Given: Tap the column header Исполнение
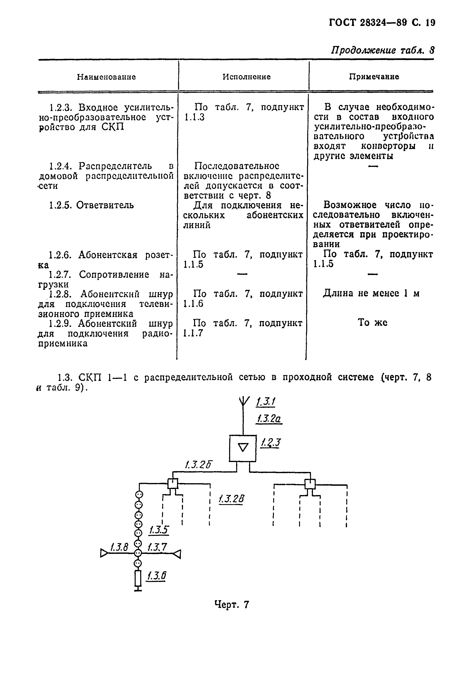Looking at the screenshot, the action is [246, 77].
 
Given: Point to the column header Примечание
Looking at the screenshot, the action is [374, 77].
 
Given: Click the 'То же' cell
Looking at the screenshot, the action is [372, 323].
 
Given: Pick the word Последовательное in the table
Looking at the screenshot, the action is [236, 166].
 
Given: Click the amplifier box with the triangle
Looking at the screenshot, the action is [243, 448].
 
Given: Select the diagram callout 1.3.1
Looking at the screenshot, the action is [266, 401].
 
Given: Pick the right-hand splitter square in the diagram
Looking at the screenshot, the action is [310, 483].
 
